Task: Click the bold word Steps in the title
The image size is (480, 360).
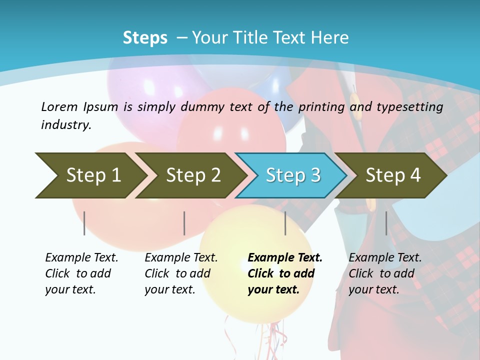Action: click(x=145, y=37)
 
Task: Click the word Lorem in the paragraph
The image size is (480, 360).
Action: click(x=59, y=106)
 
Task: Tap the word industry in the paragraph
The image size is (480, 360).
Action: click(x=66, y=125)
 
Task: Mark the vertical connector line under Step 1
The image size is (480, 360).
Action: click(x=84, y=223)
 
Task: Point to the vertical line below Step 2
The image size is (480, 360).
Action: click(x=184, y=223)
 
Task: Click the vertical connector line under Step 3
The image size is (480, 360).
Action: click(x=285, y=223)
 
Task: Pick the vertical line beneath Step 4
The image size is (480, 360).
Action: click(x=386, y=223)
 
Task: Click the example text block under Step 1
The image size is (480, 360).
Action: click(x=81, y=273)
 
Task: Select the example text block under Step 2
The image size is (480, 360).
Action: click(x=181, y=273)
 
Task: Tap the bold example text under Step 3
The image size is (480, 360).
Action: click(x=285, y=273)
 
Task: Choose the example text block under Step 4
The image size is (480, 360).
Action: click(x=385, y=273)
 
